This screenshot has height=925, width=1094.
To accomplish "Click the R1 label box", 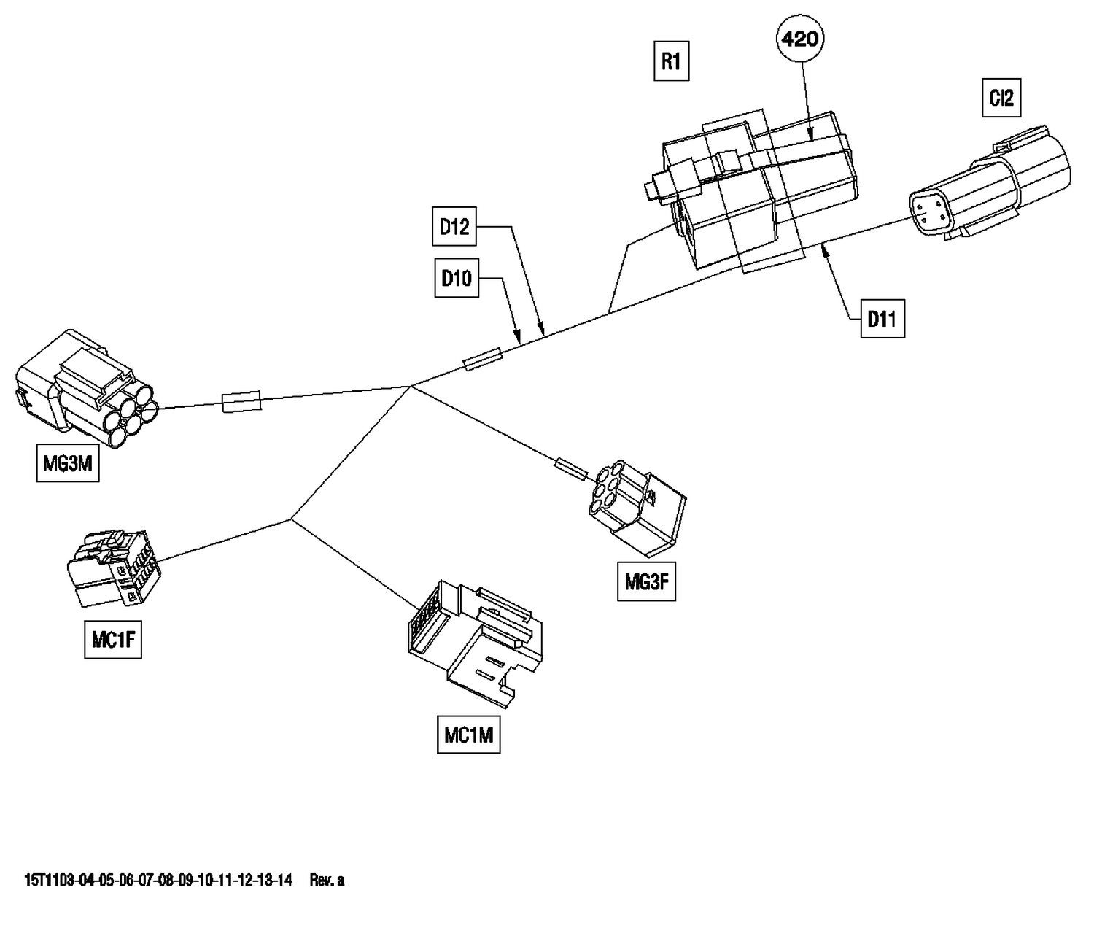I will pos(670,61).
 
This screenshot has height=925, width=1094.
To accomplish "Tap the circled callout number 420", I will pos(800,39).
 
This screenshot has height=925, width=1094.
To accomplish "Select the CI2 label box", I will pos(1001,98).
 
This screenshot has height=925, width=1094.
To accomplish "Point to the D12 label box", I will pos(454,227).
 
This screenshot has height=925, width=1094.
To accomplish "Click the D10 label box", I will pos(456,278).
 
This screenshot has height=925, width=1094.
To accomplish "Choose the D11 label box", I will pos(882,319).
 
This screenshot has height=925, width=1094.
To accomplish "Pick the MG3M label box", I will pos(68,463).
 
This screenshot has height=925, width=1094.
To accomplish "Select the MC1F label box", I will pos(112,640).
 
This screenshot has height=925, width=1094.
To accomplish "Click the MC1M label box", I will pos(469,735).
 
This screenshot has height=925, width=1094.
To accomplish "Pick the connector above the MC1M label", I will pos(474,642).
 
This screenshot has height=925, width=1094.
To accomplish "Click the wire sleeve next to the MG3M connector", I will pos(241,401).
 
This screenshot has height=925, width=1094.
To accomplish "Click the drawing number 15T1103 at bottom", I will pos(158,881).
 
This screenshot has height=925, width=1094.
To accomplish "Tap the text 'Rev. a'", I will pos(327,881).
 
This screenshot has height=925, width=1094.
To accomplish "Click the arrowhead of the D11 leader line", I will pos(825,249).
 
